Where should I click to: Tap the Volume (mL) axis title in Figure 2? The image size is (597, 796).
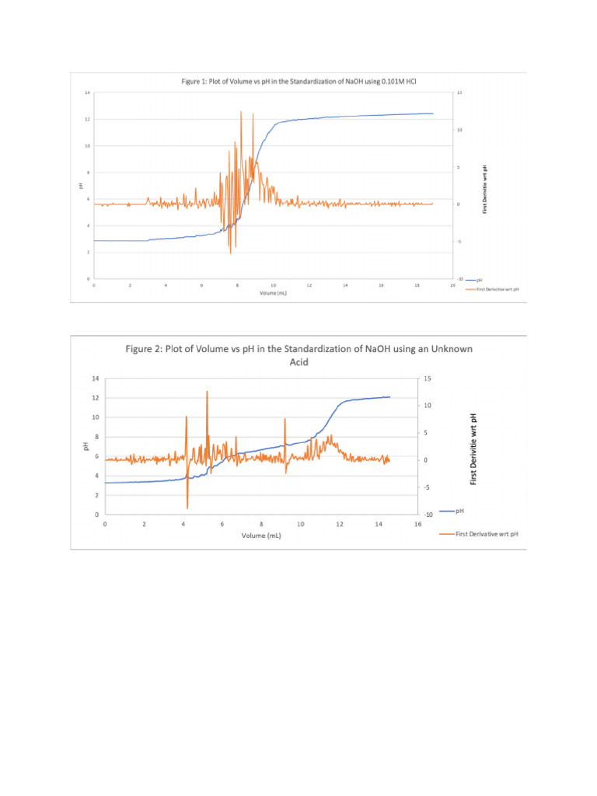(x=261, y=536)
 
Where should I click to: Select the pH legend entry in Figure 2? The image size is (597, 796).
(x=460, y=511)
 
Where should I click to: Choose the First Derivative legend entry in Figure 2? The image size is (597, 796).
(x=482, y=534)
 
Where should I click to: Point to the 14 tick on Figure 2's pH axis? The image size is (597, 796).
(x=95, y=379)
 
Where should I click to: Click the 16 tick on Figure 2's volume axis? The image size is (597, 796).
(x=417, y=525)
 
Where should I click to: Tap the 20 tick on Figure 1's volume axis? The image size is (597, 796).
(x=453, y=285)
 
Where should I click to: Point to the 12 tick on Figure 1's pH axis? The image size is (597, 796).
(x=87, y=119)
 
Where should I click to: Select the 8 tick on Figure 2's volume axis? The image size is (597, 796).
(x=261, y=525)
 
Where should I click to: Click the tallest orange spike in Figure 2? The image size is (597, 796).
(x=207, y=393)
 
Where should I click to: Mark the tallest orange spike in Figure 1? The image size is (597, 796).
(x=242, y=113)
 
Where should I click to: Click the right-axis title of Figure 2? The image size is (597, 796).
(x=473, y=449)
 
